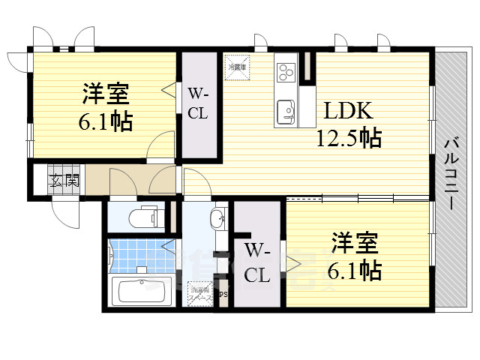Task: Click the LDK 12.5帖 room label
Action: pos(351,124)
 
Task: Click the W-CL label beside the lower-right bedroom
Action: pos(256,261)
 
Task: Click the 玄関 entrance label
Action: pos(64,180)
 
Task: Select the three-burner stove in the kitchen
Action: pos(286,72)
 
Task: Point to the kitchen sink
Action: pos(285,111)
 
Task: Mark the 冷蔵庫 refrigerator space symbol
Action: pos(238,66)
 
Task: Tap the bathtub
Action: pos(141,291)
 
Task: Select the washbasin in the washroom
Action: pos(218,220)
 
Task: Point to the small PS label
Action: pos(223,294)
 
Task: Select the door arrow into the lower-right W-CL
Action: pos(290,262)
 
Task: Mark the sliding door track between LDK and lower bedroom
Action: pos(358,198)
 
